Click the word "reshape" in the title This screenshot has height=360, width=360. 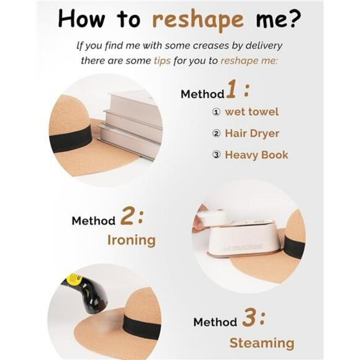pos(197,20)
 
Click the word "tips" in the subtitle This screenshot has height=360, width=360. pos(163,61)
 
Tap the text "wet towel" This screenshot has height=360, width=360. pos(252,112)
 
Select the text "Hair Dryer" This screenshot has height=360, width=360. pos(252,133)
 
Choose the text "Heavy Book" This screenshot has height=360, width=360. pos(256,155)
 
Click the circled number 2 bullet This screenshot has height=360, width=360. pos(216,133)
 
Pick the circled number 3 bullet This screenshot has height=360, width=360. pos(216,155)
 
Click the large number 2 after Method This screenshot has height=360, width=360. pos(127,216)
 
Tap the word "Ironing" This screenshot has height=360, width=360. pos(132,240)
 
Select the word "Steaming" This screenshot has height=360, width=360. pos(262,343)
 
